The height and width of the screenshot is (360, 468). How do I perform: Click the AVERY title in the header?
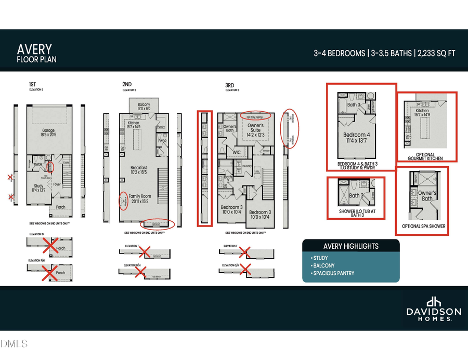tap(35, 49)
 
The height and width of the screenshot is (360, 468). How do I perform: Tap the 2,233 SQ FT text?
tap(436, 53)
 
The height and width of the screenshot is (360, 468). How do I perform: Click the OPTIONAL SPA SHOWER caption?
tap(424, 226)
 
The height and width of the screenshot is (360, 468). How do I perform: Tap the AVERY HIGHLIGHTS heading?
tap(351, 246)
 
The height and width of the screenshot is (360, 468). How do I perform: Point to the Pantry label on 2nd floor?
tap(161, 127)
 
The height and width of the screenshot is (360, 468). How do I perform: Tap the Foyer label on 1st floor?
tap(57, 183)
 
